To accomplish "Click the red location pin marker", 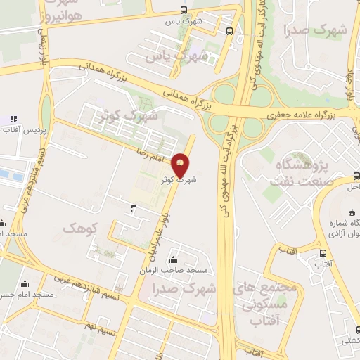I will [x=181, y=165].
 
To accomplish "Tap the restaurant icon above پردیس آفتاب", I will [x=13, y=119].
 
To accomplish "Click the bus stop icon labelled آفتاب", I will [x=322, y=253].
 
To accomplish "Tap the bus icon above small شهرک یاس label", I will [x=184, y=10].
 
